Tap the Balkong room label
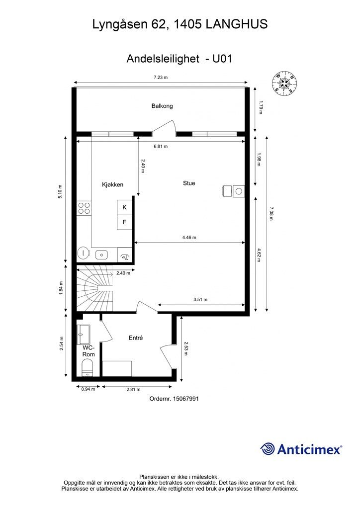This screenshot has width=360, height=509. point(162,106)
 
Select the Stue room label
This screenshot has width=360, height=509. point(189,183)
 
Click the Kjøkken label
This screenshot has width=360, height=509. point(112,184)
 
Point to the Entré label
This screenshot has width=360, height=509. point(136,338)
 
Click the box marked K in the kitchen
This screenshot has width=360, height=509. point(124,207)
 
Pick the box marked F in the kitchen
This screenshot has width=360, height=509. point(124,222)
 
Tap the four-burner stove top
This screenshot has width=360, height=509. point(84,208)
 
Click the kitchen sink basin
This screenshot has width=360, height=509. point(101,254)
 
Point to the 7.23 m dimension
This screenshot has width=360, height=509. point(160,77)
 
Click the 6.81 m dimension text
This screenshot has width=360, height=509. point(160,147)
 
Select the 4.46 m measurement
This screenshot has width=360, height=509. point(189,238)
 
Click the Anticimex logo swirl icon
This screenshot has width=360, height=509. point(268,449)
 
